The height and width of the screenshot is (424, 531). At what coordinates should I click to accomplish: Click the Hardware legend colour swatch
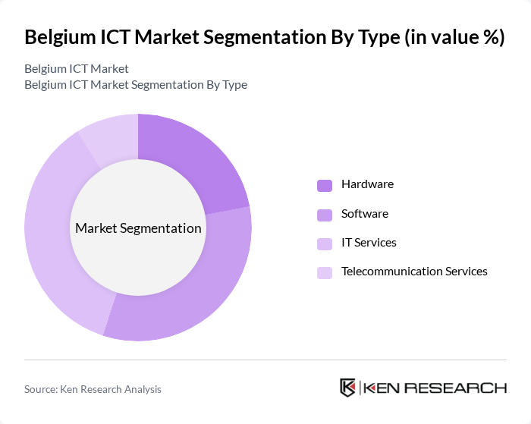325,186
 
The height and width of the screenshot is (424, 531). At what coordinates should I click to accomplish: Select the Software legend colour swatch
325,215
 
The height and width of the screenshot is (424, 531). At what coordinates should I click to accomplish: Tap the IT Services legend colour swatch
325,243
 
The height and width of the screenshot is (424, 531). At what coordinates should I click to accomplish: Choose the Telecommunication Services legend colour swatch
325,272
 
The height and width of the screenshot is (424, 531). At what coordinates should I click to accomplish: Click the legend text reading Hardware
367,184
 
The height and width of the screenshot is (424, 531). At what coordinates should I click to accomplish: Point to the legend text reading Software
364,214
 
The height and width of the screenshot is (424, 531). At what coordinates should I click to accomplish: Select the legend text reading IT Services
369,243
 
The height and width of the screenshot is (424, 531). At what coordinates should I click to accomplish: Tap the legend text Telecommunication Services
414,271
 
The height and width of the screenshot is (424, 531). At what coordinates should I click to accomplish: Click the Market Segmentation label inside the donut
138,228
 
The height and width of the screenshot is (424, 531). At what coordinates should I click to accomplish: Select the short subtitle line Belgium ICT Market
76,69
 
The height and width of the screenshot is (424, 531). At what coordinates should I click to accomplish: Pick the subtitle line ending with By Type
135,84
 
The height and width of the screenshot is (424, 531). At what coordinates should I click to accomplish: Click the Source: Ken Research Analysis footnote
93,389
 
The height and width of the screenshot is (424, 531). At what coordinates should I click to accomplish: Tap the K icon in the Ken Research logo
348,388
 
